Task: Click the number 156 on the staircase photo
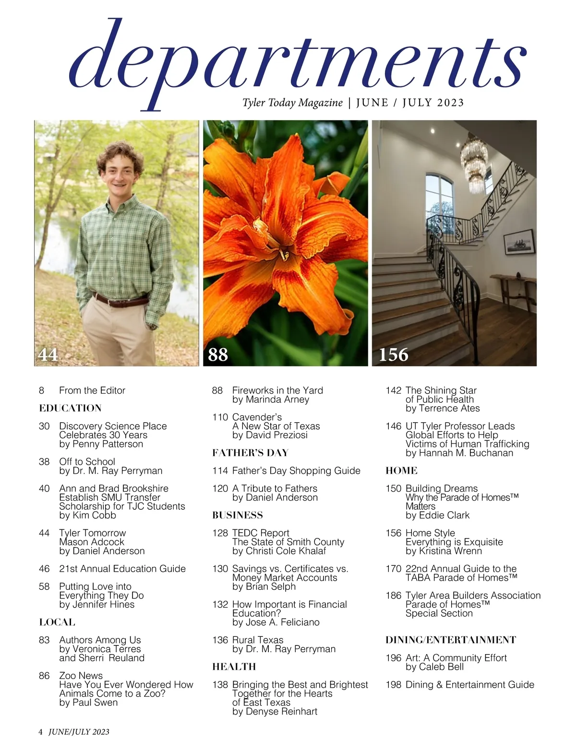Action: click(x=393, y=354)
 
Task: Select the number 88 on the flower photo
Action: click(x=218, y=354)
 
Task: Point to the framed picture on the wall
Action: click(x=519, y=242)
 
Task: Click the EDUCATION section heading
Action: click(x=70, y=408)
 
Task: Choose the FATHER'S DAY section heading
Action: click(x=250, y=453)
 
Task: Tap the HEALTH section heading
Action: click(x=234, y=667)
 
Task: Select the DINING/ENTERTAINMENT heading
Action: click(x=451, y=640)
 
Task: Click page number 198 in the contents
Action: click(x=393, y=685)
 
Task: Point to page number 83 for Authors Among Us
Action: click(x=44, y=640)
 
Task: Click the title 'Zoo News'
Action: click(x=81, y=676)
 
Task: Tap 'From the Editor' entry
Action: click(x=92, y=390)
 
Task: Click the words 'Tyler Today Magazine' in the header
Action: click(x=292, y=103)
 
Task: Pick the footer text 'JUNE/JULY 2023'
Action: click(x=79, y=732)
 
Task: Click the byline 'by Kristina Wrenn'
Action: click(x=444, y=551)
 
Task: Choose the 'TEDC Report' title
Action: click(x=261, y=533)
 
